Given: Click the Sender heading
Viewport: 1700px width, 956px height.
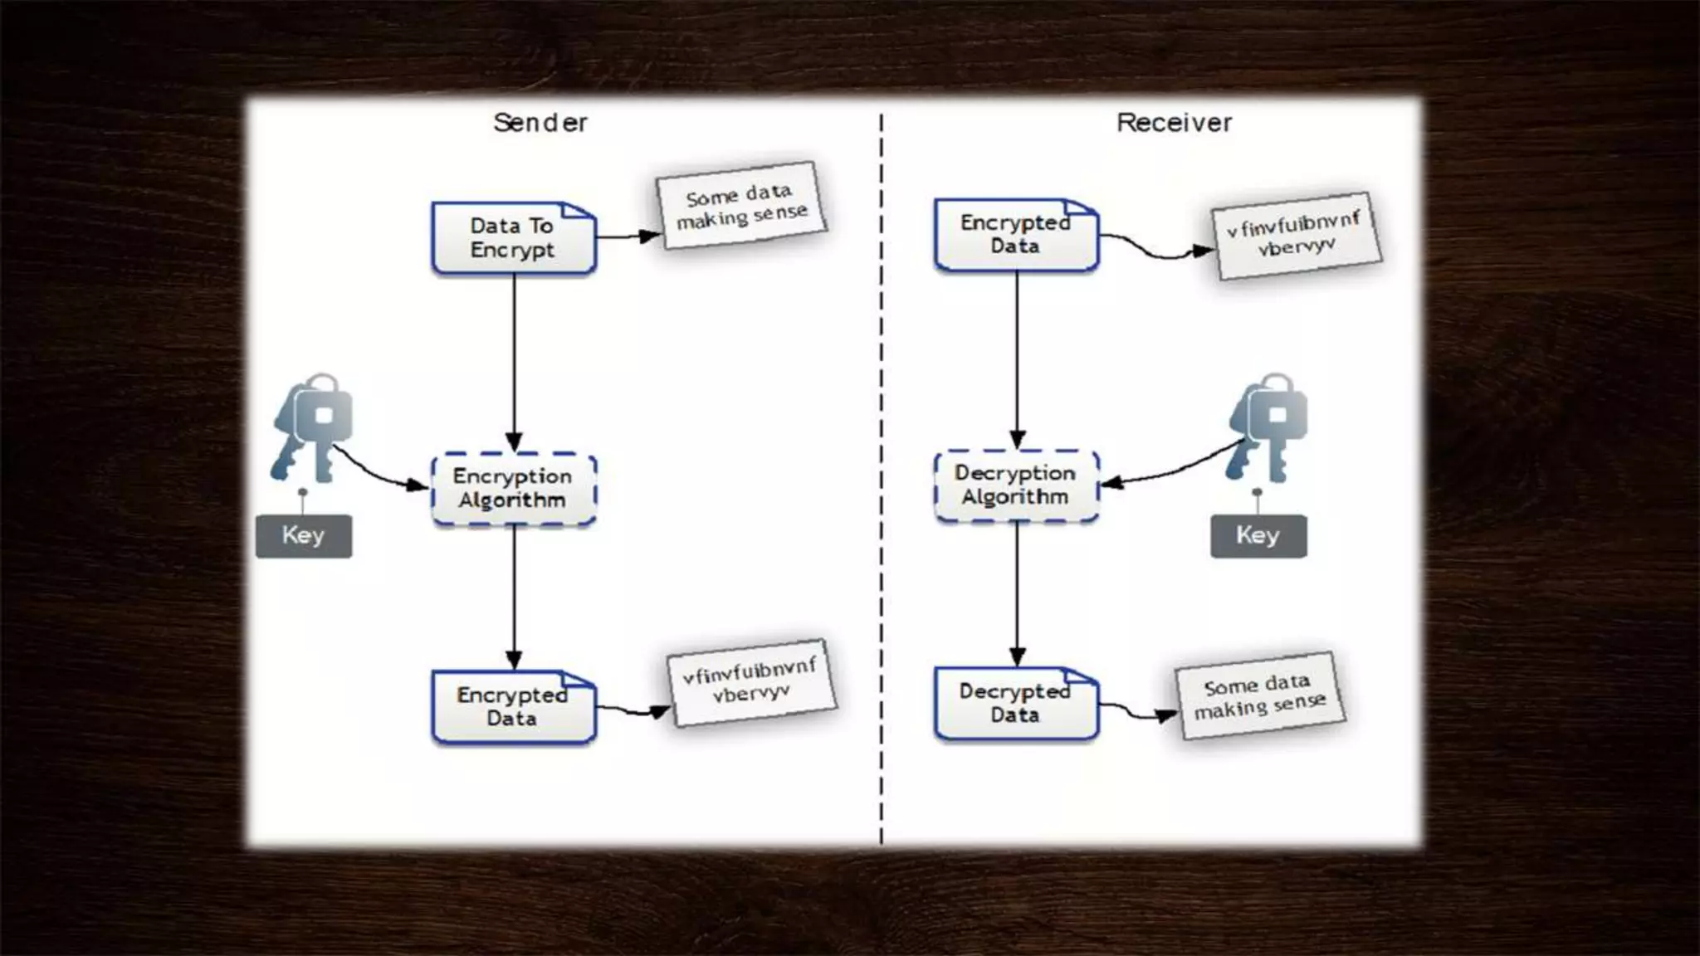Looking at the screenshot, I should [540, 123].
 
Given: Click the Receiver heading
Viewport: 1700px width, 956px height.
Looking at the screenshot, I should [1174, 123].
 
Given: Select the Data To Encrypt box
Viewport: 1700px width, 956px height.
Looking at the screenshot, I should [513, 238].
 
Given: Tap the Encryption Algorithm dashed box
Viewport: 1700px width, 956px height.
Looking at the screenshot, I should [513, 489].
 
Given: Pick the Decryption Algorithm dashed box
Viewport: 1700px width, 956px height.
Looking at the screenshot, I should [1016, 485].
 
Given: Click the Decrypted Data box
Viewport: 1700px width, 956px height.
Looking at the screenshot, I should [1016, 704].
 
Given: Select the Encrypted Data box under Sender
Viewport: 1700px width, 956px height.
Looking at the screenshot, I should [513, 707].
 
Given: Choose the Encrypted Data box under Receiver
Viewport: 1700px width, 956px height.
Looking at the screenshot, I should [1016, 235].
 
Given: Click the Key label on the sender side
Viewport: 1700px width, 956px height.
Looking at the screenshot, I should [304, 535].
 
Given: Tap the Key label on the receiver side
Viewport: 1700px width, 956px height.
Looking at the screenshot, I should [1258, 535].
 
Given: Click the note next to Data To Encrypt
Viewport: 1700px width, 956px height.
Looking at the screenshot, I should [741, 205].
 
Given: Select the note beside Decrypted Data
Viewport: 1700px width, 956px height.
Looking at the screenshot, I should [1259, 695].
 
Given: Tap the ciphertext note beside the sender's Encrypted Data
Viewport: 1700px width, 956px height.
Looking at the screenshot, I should [751, 681].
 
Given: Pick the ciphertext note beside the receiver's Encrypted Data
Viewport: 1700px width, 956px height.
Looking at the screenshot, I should [1296, 235].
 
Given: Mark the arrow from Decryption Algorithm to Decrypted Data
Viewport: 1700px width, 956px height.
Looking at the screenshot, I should [1017, 593].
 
